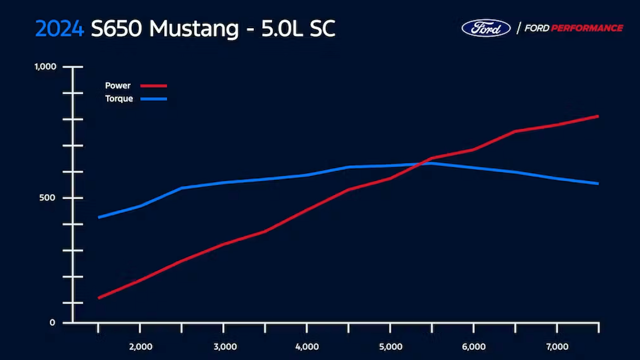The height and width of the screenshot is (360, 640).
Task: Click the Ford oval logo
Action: click(x=486, y=28)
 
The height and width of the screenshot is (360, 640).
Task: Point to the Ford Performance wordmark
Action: click(x=570, y=28)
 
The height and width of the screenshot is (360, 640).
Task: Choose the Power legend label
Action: click(x=117, y=86)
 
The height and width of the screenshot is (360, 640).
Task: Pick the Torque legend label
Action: click(x=119, y=99)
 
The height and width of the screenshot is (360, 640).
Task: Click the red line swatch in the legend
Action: click(x=154, y=86)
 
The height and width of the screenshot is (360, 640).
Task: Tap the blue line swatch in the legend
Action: click(x=154, y=99)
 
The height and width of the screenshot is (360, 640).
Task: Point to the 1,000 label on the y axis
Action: click(x=46, y=67)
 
